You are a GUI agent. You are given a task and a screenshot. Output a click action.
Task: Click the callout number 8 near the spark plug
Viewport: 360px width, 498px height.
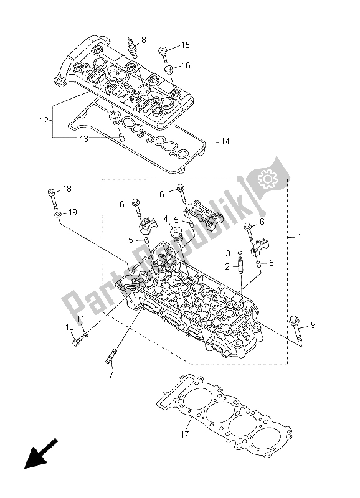pos(144,40)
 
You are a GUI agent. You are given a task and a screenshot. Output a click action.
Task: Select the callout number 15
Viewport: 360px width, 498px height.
pos(185,45)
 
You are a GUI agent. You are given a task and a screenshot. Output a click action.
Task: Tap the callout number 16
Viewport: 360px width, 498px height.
pos(185,65)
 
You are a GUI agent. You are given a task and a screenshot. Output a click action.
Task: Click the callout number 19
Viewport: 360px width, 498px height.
pos(72,213)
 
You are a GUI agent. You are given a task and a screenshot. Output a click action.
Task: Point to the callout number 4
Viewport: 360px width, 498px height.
pos(166,218)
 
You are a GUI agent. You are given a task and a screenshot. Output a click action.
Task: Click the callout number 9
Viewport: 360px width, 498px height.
pos(313,324)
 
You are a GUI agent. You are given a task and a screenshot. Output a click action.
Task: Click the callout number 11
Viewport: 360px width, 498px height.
pos(80,319)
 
